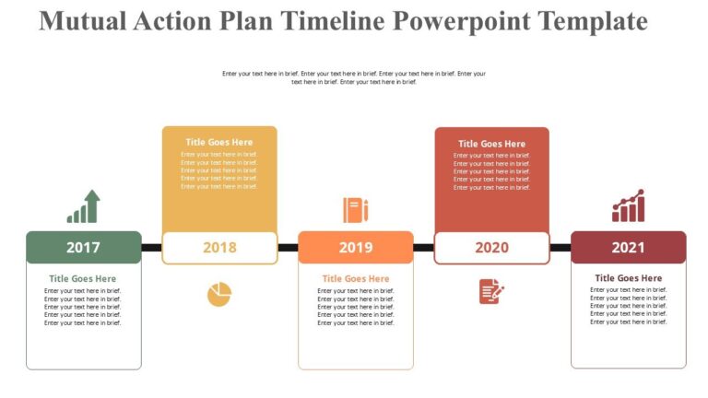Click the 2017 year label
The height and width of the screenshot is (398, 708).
[83, 247]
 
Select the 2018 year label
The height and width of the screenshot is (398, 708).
[219, 247]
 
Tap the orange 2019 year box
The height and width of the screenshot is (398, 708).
[356, 247]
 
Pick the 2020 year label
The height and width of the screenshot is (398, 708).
[491, 247]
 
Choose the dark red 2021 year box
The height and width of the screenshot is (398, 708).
[628, 247]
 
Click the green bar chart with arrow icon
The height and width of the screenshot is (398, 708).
[83, 207]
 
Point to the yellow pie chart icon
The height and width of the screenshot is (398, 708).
[219, 294]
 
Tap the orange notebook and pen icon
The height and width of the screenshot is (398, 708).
[356, 209]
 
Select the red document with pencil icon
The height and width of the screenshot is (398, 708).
[491, 291]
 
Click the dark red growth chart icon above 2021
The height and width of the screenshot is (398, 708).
[628, 206]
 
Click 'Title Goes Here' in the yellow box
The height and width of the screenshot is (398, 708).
[219, 142]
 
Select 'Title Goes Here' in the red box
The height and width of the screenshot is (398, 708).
[491, 144]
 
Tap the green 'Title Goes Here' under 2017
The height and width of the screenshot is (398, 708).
[83, 278]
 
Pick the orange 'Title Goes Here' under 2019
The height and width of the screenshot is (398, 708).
[356, 278]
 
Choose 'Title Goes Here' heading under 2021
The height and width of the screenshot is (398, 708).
[628, 277]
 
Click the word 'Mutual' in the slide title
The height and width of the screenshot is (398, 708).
[85, 20]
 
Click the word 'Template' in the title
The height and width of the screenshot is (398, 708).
[595, 20]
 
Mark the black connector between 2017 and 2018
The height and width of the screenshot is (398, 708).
[151, 247]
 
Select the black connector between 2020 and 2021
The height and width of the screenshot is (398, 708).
[560, 247]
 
